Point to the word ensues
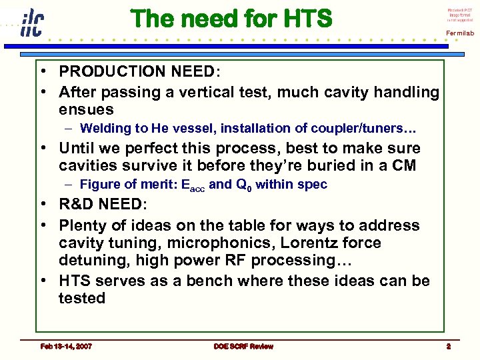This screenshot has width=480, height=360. (86, 109)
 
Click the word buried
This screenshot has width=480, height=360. (374, 165)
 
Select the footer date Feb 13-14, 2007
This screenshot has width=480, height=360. (66, 346)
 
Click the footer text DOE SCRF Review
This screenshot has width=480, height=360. (243, 346)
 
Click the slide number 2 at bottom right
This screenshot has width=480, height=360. (449, 346)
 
